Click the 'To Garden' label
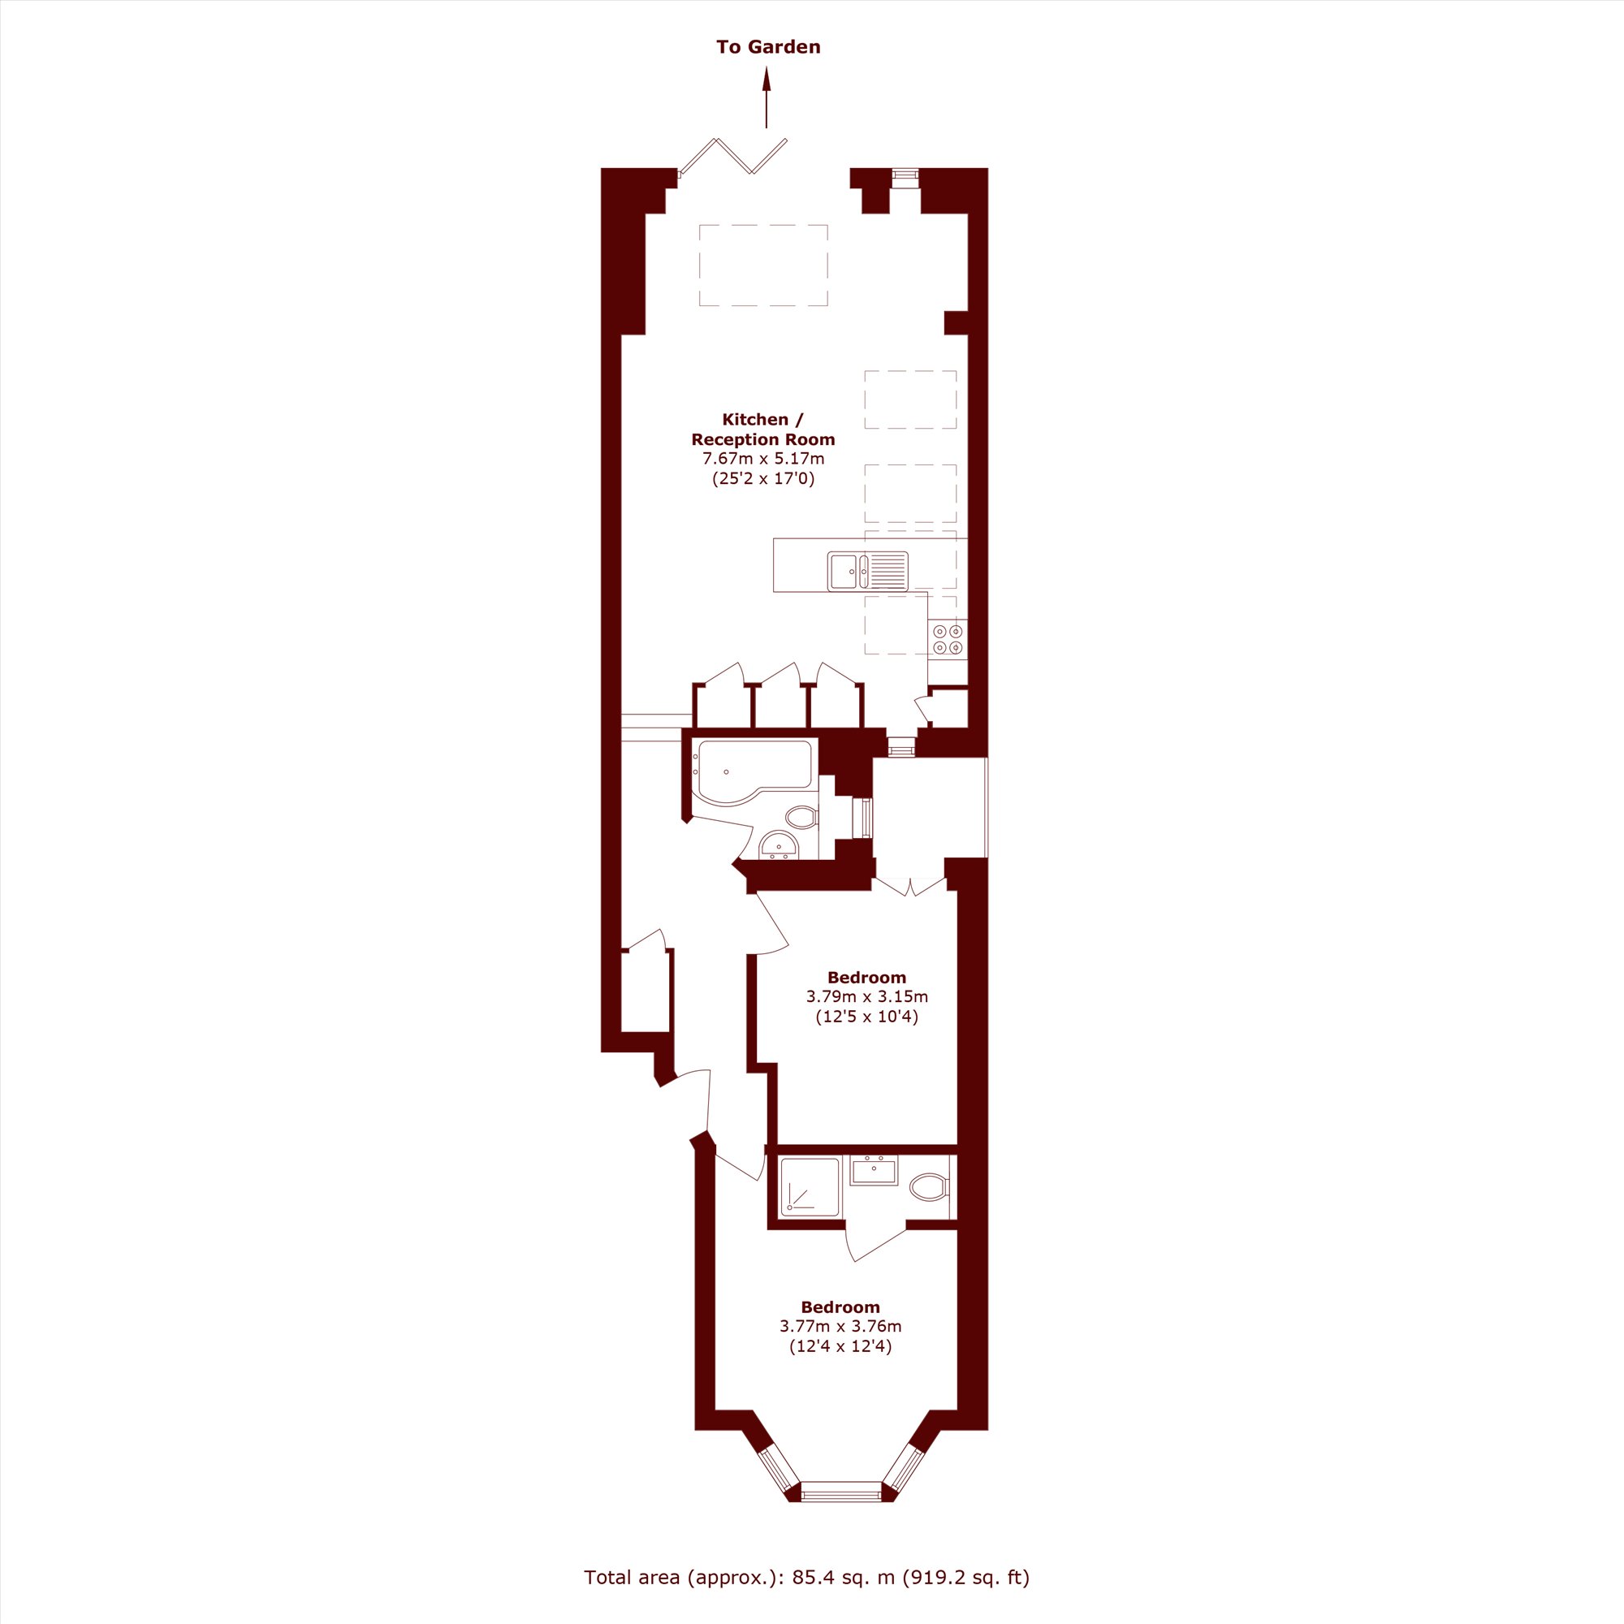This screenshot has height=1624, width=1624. coord(768,47)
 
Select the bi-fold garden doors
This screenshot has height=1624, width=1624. coord(732,158)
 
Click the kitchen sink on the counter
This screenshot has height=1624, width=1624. coord(867,571)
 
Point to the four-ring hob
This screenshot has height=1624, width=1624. coord(948,639)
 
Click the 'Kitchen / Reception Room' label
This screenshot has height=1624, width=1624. coord(763,429)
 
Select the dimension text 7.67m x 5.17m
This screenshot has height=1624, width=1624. coord(763,459)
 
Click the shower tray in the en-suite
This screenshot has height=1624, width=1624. coord(810,1186)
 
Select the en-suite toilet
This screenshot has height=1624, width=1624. coord(929,1186)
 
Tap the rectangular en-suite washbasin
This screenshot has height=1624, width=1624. coord(874,1169)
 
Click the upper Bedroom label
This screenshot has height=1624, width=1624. coord(866,977)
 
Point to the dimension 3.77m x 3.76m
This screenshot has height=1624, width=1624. coord(840,1327)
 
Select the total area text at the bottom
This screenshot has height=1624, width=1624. coord(807,1577)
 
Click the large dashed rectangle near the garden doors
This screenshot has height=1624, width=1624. coord(763,266)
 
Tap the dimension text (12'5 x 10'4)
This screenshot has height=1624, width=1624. coord(866,1017)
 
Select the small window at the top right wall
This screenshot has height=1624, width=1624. coord(905,175)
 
